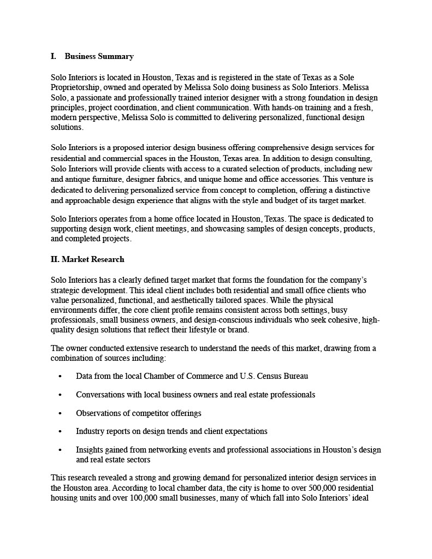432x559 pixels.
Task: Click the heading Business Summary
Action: [99, 56]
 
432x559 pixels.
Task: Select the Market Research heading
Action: [93, 259]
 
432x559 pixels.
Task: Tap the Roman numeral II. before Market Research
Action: [55, 259]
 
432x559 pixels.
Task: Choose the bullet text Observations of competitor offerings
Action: [139, 413]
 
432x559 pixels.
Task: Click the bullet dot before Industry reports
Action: [60, 431]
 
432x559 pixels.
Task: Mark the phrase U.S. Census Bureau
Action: [274, 376]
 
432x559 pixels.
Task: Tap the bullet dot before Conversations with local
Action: [60, 395]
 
